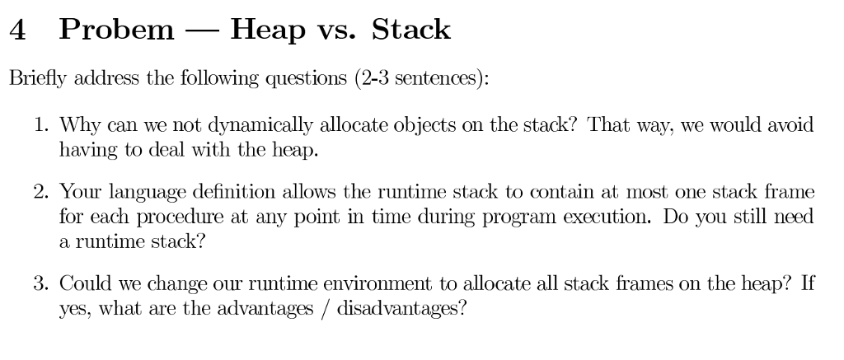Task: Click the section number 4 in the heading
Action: (x=17, y=30)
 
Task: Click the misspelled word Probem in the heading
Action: (x=117, y=30)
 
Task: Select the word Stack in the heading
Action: (x=410, y=30)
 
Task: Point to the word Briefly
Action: (x=38, y=78)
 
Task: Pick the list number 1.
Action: (x=41, y=125)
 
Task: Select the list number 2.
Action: (x=41, y=192)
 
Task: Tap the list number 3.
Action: (x=41, y=283)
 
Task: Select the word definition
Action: (x=235, y=191)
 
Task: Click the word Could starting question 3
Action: (x=85, y=283)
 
